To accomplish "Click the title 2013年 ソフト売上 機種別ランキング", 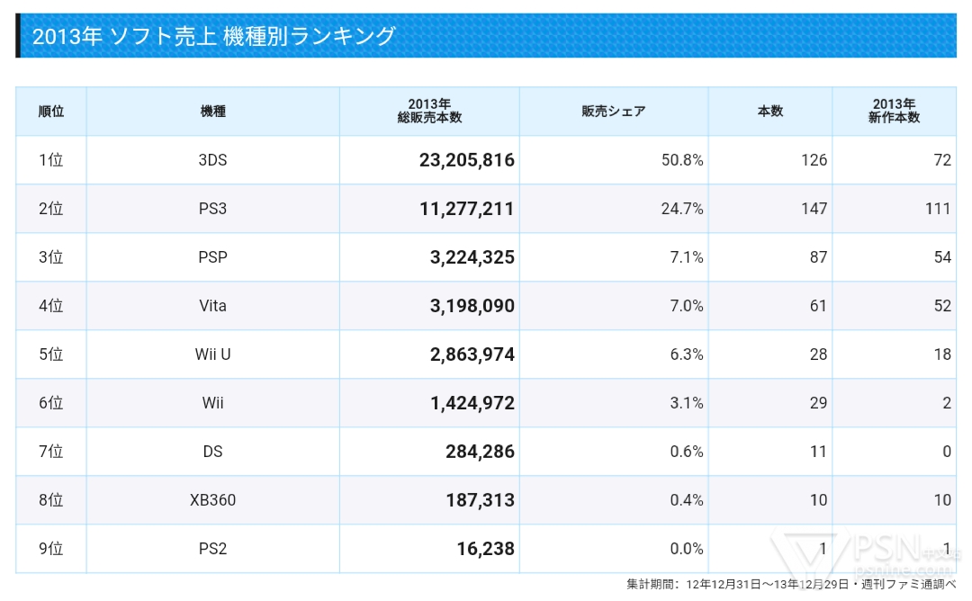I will (213, 37).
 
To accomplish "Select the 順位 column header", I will (51, 112).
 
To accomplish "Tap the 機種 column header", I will (213, 112).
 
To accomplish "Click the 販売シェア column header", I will (614, 112).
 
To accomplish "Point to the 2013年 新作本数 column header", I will (894, 112).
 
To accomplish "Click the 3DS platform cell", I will (213, 160).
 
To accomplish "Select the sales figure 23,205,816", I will (467, 160).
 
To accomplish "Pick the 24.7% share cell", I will (681, 209).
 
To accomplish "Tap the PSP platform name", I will (213, 257).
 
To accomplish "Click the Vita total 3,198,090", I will (472, 306).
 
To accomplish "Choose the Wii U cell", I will (213, 354).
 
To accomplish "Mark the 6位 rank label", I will (51, 403).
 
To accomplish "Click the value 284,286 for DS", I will (480, 452).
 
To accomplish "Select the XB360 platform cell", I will (213, 500).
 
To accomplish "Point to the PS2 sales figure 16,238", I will (485, 549).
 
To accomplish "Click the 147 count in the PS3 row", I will (814, 209).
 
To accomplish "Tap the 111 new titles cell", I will (937, 209).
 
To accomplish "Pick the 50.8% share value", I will (681, 160).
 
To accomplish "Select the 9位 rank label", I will (51, 549).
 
